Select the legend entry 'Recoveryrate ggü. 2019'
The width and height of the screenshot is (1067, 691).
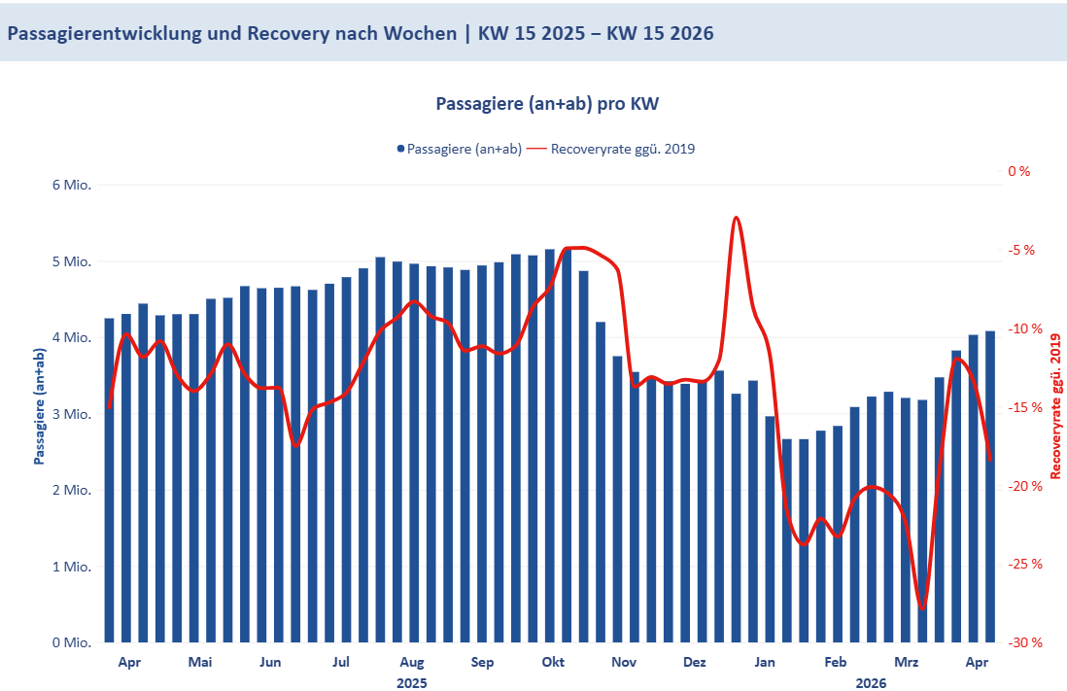point(623,149)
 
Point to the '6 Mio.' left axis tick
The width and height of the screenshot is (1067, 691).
point(72,185)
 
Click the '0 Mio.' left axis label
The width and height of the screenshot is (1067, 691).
point(72,642)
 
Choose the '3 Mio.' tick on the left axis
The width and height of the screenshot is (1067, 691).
point(72,414)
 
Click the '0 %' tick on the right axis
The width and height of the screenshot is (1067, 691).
point(1018,171)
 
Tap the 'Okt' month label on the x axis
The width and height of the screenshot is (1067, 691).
point(553,663)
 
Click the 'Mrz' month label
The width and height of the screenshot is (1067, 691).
point(906,663)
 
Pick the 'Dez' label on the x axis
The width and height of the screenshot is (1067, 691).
point(694,663)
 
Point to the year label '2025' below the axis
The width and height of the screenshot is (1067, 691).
point(412,682)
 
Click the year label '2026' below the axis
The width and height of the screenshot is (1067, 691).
point(871,682)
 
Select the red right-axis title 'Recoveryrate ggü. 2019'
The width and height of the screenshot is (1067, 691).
point(1055,406)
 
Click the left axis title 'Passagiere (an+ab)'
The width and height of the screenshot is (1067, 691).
point(40,406)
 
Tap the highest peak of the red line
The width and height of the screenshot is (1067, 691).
point(737,218)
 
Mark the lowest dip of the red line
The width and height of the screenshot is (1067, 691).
point(922,608)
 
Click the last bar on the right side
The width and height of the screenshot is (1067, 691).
point(990,486)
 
